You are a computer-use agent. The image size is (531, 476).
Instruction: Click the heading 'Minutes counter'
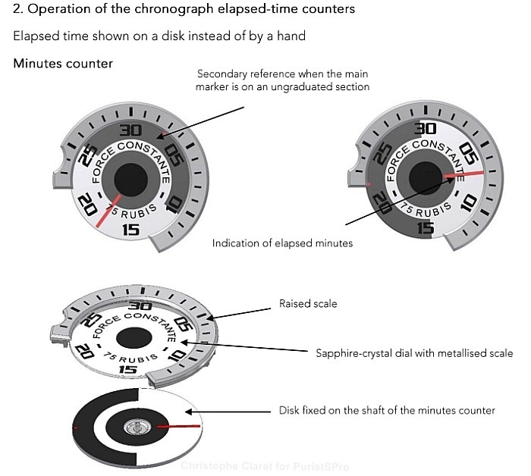pyautogui.click(x=63, y=63)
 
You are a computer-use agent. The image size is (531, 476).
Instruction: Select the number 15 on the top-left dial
pyautogui.click(x=130, y=229)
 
